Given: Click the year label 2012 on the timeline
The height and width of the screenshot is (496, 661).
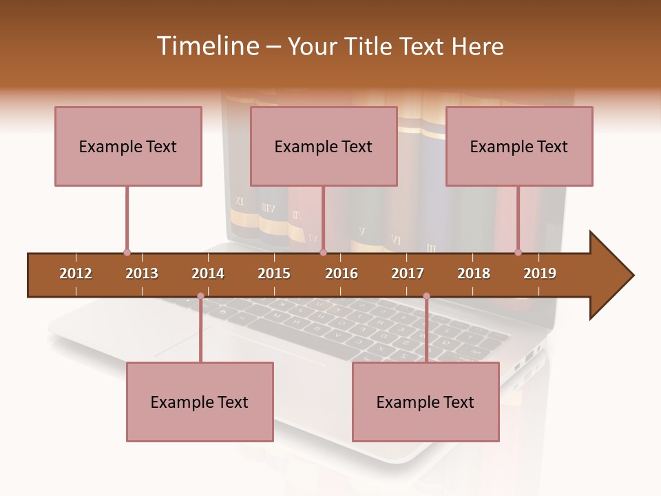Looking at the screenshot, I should point(76,273).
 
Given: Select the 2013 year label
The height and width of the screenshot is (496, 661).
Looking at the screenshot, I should point(142,273).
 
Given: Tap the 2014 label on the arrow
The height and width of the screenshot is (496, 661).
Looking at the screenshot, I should point(208,273).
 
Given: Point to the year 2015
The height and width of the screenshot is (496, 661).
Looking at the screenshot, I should point(274,273).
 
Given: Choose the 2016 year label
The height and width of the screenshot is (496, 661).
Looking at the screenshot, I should point(342,273).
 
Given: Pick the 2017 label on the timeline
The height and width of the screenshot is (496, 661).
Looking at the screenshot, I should point(408,273).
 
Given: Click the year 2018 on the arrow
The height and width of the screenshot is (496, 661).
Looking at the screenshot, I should point(474,273).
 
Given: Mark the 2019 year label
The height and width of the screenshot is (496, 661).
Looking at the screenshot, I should point(540,273).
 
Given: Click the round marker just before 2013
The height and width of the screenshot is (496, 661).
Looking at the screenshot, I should point(127,253).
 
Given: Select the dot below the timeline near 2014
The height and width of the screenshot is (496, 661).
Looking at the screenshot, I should point(200,296).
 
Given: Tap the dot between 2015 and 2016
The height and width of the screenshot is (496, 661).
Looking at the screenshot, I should point(323,253).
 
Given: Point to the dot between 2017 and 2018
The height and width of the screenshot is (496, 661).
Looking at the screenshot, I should point(426,296).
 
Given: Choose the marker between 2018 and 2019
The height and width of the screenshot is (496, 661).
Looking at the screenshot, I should point(518,253).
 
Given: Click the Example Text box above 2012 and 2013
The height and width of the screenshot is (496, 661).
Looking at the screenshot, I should point(128,146).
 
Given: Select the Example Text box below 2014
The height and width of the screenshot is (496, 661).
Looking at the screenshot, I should point(200,402).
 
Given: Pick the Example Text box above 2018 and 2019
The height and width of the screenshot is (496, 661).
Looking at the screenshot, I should point(519,146).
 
